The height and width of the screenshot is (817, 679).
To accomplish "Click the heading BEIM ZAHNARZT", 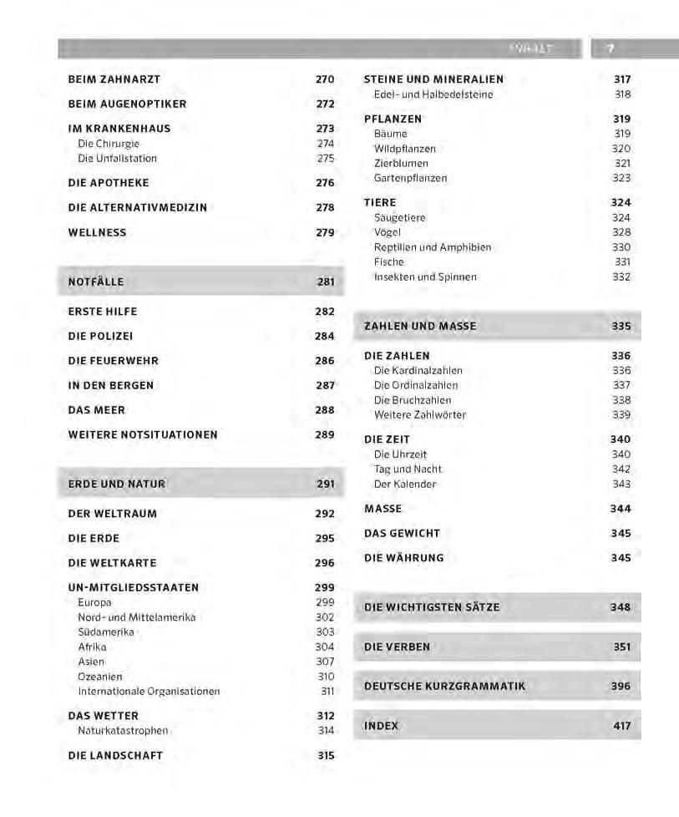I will (x=114, y=79).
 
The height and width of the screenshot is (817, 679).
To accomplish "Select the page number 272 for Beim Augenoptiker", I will (x=325, y=104).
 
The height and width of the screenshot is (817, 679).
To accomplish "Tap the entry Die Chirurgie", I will (x=109, y=144).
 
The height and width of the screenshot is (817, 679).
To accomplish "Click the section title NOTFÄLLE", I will (x=96, y=282).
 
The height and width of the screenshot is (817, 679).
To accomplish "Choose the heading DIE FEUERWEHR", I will (x=113, y=361).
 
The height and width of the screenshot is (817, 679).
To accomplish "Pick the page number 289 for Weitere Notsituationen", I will (x=325, y=435).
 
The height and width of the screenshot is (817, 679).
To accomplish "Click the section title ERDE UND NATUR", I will (x=117, y=484).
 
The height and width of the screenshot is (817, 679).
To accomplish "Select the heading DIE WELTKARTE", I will (x=112, y=563).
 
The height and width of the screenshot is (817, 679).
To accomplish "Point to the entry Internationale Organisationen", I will (x=149, y=692).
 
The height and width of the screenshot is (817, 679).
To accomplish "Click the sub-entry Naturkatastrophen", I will (x=123, y=731).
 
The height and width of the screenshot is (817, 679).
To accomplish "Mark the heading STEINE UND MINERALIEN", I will (x=433, y=79).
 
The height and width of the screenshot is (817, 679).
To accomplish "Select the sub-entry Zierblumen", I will (x=401, y=164).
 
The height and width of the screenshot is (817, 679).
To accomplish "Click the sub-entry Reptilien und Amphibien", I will (x=432, y=247).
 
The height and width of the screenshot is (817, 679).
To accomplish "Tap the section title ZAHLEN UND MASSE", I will (x=420, y=327).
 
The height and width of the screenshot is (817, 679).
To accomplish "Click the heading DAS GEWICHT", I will (x=402, y=533).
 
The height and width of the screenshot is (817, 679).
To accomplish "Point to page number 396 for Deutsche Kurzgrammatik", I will (x=621, y=687).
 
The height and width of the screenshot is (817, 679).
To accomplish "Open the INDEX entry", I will (x=382, y=726).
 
